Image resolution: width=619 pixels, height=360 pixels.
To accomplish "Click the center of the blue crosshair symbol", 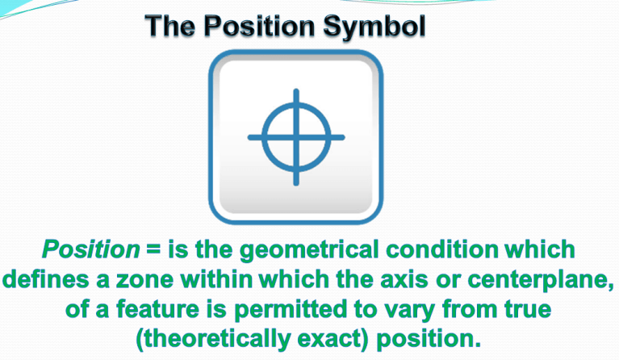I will click(x=295, y=136).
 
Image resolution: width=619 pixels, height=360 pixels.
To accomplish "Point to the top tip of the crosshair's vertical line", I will click(x=295, y=91).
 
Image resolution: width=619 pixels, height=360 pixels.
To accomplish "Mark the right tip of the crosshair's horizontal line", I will click(x=343, y=136).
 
